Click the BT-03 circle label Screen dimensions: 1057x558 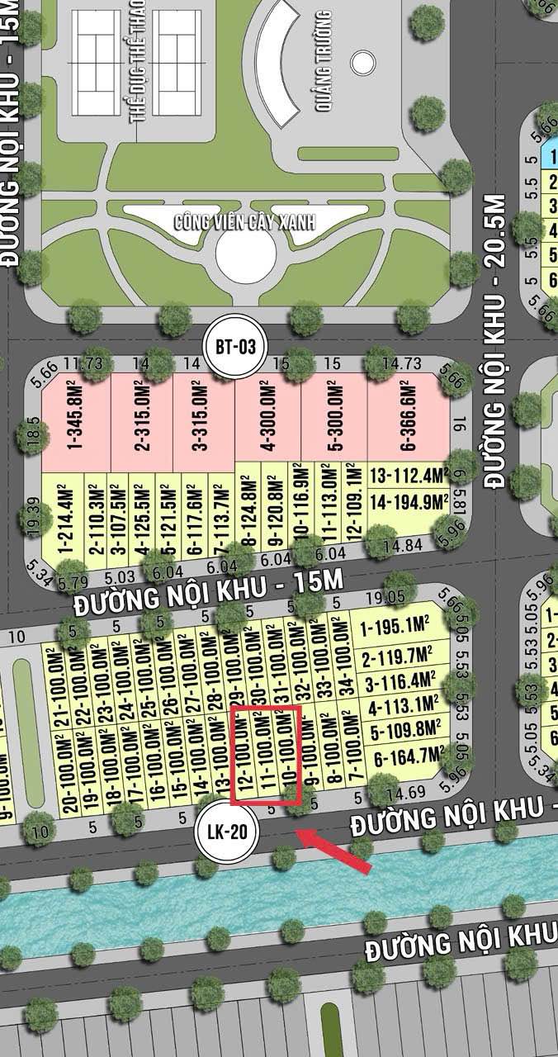[x=234, y=347]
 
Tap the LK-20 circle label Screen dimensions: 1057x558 [x=227, y=831]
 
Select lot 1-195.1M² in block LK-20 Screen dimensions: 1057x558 [x=399, y=628]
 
